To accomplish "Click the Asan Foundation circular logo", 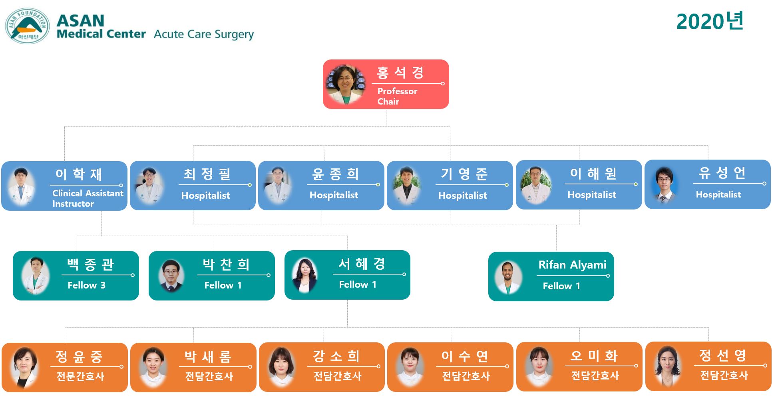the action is click(27, 26).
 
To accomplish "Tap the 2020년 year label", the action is click(710, 21).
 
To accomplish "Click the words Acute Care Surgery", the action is click(204, 34).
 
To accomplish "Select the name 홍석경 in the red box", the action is click(400, 72).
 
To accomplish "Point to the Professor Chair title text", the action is click(397, 96).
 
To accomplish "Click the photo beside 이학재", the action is click(22, 186).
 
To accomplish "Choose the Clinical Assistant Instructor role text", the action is click(88, 198).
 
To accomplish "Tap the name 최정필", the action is click(207, 174).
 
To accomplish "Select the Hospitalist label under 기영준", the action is click(463, 196).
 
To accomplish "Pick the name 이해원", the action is click(593, 174).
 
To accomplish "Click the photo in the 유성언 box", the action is click(664, 185).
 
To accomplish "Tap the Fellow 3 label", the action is click(87, 285).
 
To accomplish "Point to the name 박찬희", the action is click(226, 264).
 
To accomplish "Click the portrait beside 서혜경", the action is click(304, 275).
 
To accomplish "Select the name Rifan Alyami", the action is click(572, 265).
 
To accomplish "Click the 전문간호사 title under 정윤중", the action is click(80, 376).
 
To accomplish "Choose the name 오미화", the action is click(594, 356).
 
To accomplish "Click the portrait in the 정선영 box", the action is click(667, 366).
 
